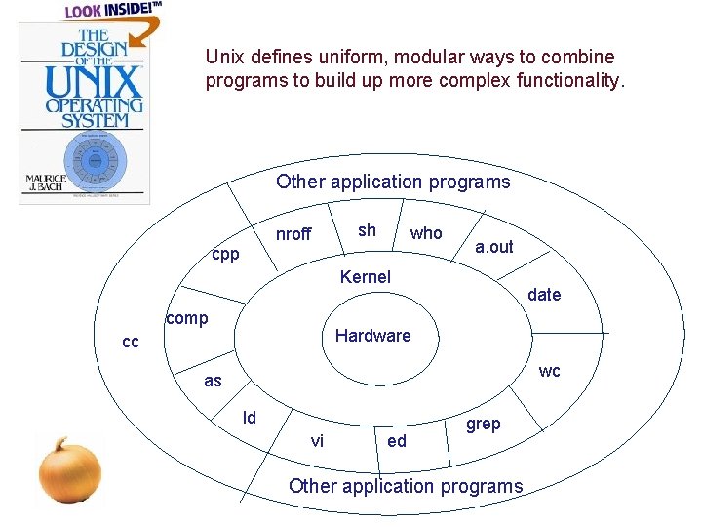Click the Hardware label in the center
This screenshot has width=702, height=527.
(372, 336)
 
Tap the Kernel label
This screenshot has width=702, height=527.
(365, 277)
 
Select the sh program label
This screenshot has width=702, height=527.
(367, 230)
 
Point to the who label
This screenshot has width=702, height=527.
(426, 233)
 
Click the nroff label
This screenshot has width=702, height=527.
(293, 234)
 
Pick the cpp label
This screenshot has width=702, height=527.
(225, 255)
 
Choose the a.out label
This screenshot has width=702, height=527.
(493, 247)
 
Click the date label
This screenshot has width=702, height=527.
(544, 295)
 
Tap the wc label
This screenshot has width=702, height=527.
(550, 371)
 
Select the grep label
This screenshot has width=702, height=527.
(483, 424)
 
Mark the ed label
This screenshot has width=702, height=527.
(397, 441)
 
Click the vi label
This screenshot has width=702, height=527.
(317, 441)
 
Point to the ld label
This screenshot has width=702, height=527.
(250, 418)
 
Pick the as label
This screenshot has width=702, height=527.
(213, 382)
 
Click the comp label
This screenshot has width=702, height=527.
(187, 318)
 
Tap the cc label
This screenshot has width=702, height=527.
(130, 343)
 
